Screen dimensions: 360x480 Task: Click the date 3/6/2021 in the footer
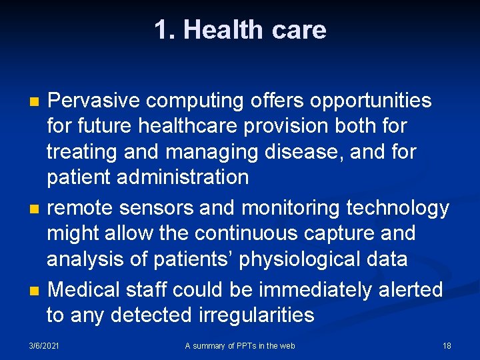click(x=44, y=345)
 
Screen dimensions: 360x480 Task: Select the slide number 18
click(x=447, y=345)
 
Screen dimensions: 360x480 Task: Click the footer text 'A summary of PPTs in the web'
click(x=240, y=345)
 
